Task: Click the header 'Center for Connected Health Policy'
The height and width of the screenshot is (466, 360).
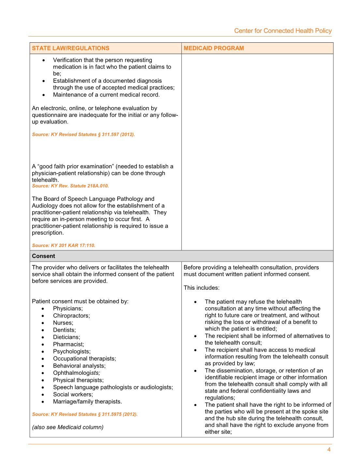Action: point(283,31)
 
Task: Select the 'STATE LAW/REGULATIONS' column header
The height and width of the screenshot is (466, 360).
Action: point(71,48)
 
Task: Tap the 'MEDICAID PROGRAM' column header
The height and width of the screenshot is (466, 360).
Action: point(214,48)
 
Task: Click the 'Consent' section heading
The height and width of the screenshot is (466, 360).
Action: point(44,256)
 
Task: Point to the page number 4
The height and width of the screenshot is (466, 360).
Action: point(329,450)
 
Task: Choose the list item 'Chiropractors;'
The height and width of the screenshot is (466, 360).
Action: point(71,316)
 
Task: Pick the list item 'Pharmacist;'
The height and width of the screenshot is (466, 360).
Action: point(68,344)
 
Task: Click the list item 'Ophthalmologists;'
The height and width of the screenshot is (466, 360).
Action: point(77,373)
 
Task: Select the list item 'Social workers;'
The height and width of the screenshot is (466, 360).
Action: point(73,395)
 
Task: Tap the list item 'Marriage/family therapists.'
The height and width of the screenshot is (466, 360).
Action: point(87,402)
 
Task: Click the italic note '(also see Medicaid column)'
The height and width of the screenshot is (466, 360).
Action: point(68,427)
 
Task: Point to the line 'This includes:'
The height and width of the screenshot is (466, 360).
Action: point(202,288)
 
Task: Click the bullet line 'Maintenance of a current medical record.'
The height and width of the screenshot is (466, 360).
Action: point(106,95)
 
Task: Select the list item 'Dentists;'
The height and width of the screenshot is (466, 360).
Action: point(65,330)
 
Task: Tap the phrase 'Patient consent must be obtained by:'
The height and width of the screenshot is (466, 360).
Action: point(80,301)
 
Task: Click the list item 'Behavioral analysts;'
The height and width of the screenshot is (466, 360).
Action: point(79,366)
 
